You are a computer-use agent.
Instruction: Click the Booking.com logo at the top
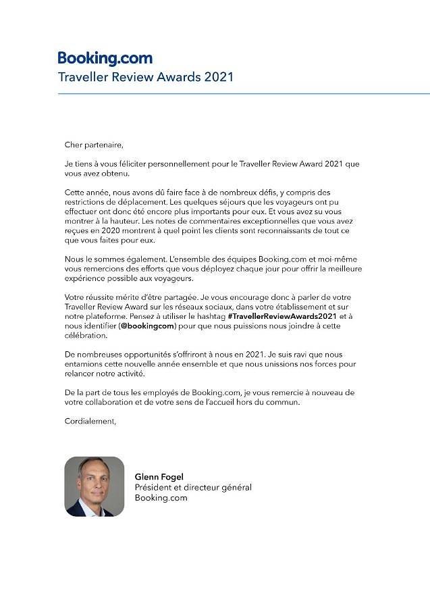(105, 58)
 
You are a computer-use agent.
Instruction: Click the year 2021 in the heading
(216, 76)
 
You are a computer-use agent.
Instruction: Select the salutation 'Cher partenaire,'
(95, 144)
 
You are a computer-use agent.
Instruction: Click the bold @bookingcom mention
(147, 326)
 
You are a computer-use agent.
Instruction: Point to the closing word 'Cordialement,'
(90, 421)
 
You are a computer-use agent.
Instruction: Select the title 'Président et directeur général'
(193, 487)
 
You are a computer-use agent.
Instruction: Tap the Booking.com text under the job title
(161, 498)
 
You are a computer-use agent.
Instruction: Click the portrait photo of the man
(95, 486)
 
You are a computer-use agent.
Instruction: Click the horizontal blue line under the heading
(243, 93)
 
